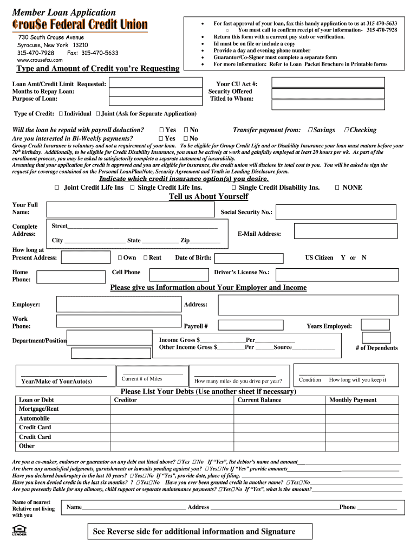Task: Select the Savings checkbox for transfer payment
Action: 310,130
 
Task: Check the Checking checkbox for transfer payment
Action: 346,130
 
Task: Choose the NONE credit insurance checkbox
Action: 337,188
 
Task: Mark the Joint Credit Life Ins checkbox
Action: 57,188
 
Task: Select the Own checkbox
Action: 120,258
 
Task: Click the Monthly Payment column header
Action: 353,400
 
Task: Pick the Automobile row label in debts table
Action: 34,418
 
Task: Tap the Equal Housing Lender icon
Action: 18,530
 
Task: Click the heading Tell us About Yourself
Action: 208,197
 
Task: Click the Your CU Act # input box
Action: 328,82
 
